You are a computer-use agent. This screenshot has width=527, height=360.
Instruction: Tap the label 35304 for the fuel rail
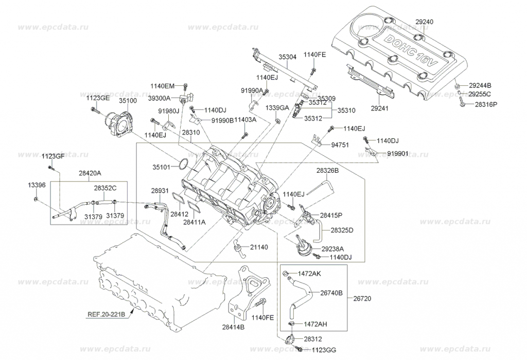(288, 57)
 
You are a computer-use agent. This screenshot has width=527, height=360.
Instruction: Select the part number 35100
(129, 102)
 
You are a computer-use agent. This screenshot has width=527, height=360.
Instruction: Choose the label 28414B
(233, 327)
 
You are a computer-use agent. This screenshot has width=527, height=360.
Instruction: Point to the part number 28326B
(327, 170)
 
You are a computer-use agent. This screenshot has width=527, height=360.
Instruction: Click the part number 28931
(160, 191)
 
